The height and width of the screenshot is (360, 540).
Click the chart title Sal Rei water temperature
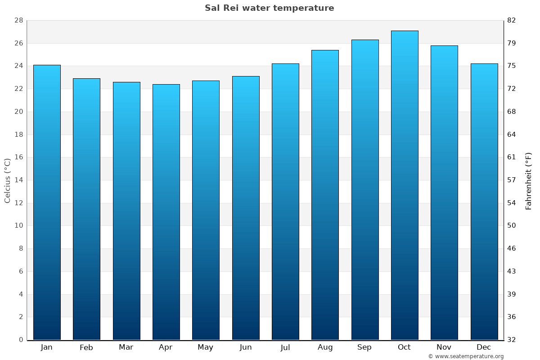click(x=269, y=8)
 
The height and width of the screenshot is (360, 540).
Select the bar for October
click(x=404, y=185)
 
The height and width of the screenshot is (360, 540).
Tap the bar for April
click(x=166, y=212)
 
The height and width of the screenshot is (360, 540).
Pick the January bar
click(x=47, y=202)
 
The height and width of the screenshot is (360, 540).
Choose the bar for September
click(x=364, y=190)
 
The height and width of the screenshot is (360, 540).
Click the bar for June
click(x=246, y=208)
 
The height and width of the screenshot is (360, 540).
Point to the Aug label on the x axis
click(x=325, y=347)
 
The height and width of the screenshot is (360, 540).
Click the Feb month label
click(x=86, y=347)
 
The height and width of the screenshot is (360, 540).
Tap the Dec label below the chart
click(x=484, y=347)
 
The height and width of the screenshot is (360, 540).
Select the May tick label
click(x=205, y=347)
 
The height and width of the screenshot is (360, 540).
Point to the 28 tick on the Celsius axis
click(x=18, y=21)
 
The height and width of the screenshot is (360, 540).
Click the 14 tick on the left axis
click(x=18, y=180)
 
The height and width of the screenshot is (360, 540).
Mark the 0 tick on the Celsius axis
click(x=21, y=340)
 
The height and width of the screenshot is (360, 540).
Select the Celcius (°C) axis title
click(x=7, y=180)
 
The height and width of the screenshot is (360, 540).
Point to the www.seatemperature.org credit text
click(x=465, y=356)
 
